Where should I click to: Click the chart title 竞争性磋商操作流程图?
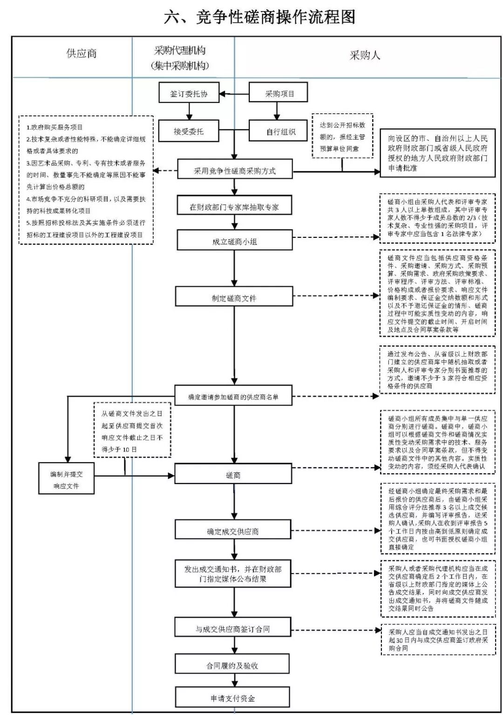pyautogui.click(x=259, y=17)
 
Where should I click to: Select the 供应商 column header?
pyautogui.click(x=82, y=54)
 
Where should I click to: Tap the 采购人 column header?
pyautogui.click(x=365, y=55)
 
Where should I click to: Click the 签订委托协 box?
pyautogui.click(x=189, y=94)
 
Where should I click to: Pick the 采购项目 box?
pyautogui.click(x=279, y=94)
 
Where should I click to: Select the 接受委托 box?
pyautogui.click(x=189, y=131)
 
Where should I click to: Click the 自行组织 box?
pyautogui.click(x=279, y=131)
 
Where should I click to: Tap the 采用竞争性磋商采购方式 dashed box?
pyautogui.click(x=235, y=170)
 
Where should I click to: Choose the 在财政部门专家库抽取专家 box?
pyautogui.click(x=234, y=207)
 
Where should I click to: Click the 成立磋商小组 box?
pyautogui.click(x=234, y=242)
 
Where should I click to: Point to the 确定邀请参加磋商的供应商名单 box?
pyautogui.click(x=233, y=397)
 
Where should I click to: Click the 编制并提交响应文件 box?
pyautogui.click(x=66, y=479)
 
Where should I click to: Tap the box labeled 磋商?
pyautogui.click(x=233, y=475)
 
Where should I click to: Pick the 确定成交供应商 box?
pyautogui.click(x=233, y=531)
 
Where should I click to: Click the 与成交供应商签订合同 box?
pyautogui.click(x=233, y=629)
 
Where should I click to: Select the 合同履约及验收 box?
pyautogui.click(x=232, y=665)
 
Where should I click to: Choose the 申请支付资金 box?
pyautogui.click(x=232, y=698)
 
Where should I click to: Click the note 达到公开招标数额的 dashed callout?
pyautogui.click(x=342, y=136)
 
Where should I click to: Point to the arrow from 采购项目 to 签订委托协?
pyautogui.click(x=234, y=94)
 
